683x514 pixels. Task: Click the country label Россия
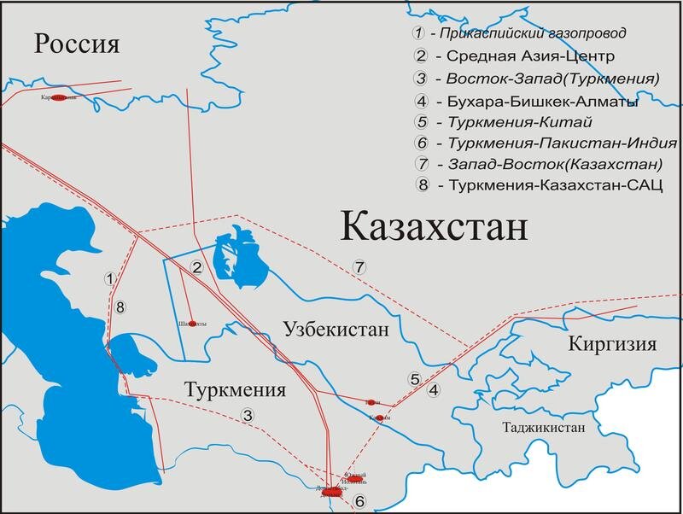(76, 44)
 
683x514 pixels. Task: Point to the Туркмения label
(234, 389)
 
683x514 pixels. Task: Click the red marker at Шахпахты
(193, 324)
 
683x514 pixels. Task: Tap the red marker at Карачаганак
(59, 98)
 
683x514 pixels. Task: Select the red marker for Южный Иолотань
(356, 479)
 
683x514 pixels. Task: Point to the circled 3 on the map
(248, 416)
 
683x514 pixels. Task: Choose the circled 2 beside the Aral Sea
(196, 268)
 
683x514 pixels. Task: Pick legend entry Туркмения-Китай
(503, 122)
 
